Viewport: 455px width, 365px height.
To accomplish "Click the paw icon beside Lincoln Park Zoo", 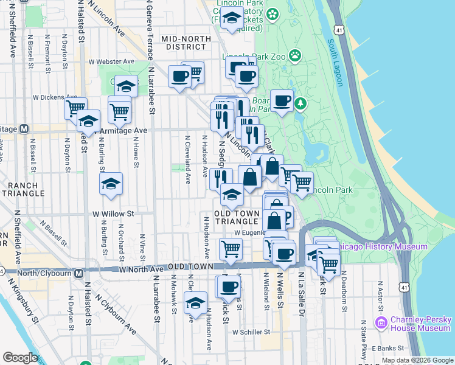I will [x=295, y=57].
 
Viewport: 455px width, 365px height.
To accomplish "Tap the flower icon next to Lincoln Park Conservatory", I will [x=273, y=13].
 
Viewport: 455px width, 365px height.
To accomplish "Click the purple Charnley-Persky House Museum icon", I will [x=381, y=322].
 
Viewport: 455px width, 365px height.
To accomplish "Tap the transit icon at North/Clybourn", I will [x=79, y=273].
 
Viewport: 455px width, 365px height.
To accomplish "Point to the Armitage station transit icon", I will [x=24, y=129].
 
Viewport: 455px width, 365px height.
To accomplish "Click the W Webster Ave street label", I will [x=111, y=61].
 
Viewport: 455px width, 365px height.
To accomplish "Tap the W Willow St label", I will [x=113, y=214].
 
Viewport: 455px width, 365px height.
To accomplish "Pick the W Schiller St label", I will [x=251, y=332].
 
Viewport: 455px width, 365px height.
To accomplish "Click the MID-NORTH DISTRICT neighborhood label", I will [x=186, y=43].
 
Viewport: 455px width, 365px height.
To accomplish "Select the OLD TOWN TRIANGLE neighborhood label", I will [x=237, y=217].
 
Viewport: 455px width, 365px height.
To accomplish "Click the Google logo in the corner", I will [x=20, y=358].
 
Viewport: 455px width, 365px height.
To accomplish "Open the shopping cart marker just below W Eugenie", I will [x=231, y=249].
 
